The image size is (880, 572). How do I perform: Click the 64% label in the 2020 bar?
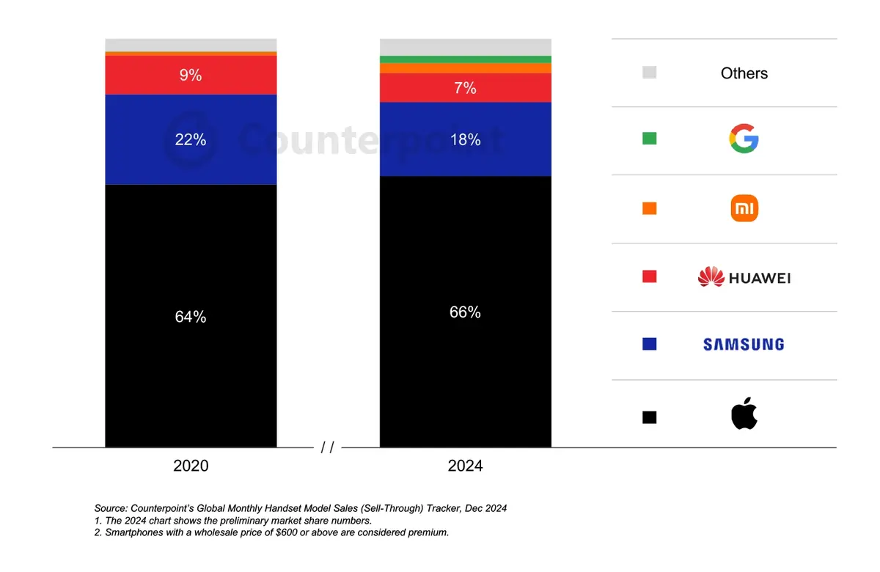point(191,317)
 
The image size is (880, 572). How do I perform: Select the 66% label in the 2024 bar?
point(465,312)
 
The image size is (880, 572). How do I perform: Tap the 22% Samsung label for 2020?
point(191,139)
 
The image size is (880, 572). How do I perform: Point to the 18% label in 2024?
point(465,139)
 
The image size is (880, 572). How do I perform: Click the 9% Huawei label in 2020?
point(191,75)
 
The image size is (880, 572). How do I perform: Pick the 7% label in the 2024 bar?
point(465,88)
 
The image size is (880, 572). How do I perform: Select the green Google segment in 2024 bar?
point(465,59)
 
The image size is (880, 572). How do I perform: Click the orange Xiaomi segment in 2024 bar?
point(465,68)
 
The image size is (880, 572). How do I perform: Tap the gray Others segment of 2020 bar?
point(191,45)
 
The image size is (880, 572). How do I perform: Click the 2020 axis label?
point(191,466)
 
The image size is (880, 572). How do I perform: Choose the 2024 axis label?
point(465,466)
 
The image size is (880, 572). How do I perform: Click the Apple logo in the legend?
point(744,414)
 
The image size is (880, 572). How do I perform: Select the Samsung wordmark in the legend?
point(744,344)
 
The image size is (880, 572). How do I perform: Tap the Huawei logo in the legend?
point(744,277)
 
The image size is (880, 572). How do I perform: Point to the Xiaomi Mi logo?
point(744,209)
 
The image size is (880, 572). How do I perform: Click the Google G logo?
point(744,139)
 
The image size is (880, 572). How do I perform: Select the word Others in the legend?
point(744,73)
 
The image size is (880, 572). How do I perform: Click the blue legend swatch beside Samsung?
point(649,344)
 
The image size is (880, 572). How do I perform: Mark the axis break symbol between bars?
point(327,447)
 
